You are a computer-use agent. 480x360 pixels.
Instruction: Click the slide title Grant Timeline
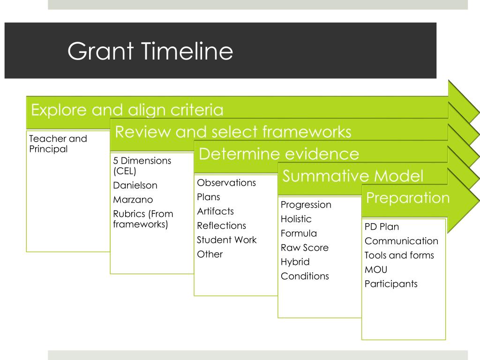(150, 51)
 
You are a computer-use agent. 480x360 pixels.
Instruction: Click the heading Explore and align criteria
(127, 110)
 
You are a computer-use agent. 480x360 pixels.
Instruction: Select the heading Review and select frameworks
(233, 132)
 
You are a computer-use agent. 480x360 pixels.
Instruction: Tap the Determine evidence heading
(279, 154)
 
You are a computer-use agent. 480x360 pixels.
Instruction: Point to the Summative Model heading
(353, 176)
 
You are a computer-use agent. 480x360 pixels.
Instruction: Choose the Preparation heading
(407, 198)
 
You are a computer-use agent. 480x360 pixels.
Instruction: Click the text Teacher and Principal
(58, 144)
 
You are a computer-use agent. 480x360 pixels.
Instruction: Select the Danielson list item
(135, 185)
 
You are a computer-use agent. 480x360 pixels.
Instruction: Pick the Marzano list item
(133, 200)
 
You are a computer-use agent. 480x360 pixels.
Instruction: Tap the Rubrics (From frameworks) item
(143, 219)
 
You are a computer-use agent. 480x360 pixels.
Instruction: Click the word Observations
(226, 183)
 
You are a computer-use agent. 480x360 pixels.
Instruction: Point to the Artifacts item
(215, 211)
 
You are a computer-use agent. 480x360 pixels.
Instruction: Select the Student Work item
(226, 240)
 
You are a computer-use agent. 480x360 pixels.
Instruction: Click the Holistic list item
(296, 219)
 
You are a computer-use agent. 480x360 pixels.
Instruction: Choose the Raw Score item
(304, 247)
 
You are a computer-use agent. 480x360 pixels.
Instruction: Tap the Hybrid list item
(295, 262)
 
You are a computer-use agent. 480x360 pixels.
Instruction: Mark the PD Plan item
(382, 227)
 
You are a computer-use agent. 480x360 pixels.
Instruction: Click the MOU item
(376, 270)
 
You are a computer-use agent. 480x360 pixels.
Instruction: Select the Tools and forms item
(399, 255)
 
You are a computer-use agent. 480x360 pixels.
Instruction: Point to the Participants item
(391, 284)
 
